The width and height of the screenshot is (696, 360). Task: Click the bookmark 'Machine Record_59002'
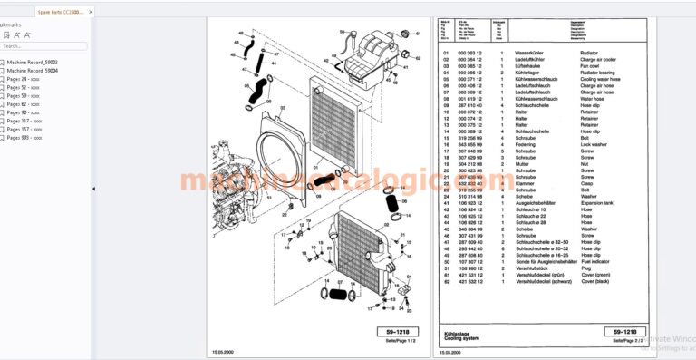click(33, 61)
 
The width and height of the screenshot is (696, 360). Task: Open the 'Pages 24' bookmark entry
click(23, 78)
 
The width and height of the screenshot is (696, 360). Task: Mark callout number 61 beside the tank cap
click(419, 34)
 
